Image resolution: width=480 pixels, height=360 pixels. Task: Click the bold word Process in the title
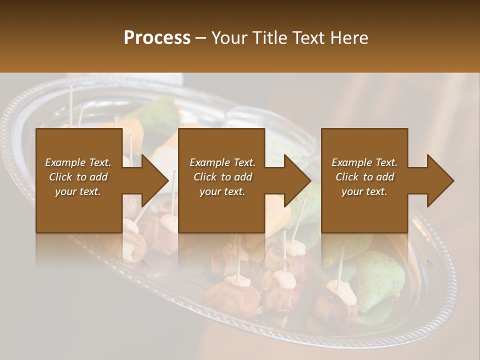pyautogui.click(x=157, y=38)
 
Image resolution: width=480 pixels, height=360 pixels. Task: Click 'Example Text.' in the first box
pyautogui.click(x=78, y=162)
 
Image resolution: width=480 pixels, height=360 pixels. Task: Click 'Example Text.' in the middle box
pyautogui.click(x=222, y=162)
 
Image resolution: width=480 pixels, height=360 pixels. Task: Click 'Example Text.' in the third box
pyautogui.click(x=364, y=162)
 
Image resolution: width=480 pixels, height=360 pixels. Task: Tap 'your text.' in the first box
pyautogui.click(x=78, y=191)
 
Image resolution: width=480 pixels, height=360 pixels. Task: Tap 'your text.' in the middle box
pyautogui.click(x=222, y=191)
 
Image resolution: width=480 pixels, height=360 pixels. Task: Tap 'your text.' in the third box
pyautogui.click(x=364, y=191)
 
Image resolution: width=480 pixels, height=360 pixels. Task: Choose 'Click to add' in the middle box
pyautogui.click(x=222, y=177)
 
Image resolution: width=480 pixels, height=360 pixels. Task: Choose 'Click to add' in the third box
pyautogui.click(x=364, y=177)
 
